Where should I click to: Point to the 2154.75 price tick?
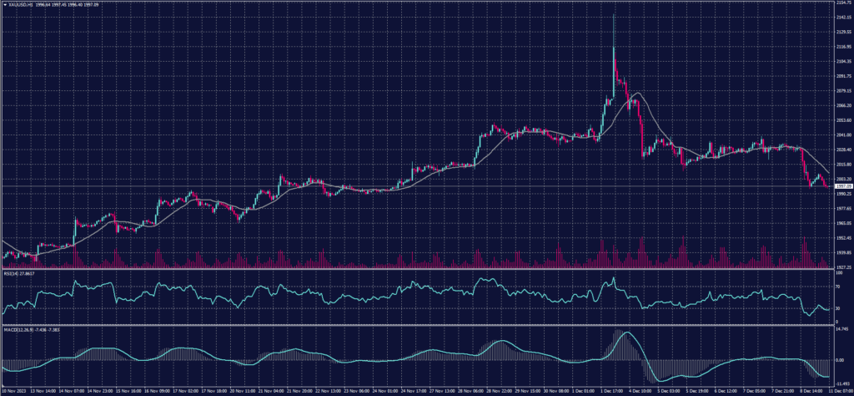[841, 3]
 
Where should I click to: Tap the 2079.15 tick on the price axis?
[841, 90]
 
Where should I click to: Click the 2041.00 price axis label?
[841, 135]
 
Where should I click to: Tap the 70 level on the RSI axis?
[836, 286]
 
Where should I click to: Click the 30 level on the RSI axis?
[836, 307]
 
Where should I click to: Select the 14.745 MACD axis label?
[840, 328]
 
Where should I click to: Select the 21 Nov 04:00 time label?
[271, 390]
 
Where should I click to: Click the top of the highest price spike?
[615, 14]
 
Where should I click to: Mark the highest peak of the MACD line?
[627, 333]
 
